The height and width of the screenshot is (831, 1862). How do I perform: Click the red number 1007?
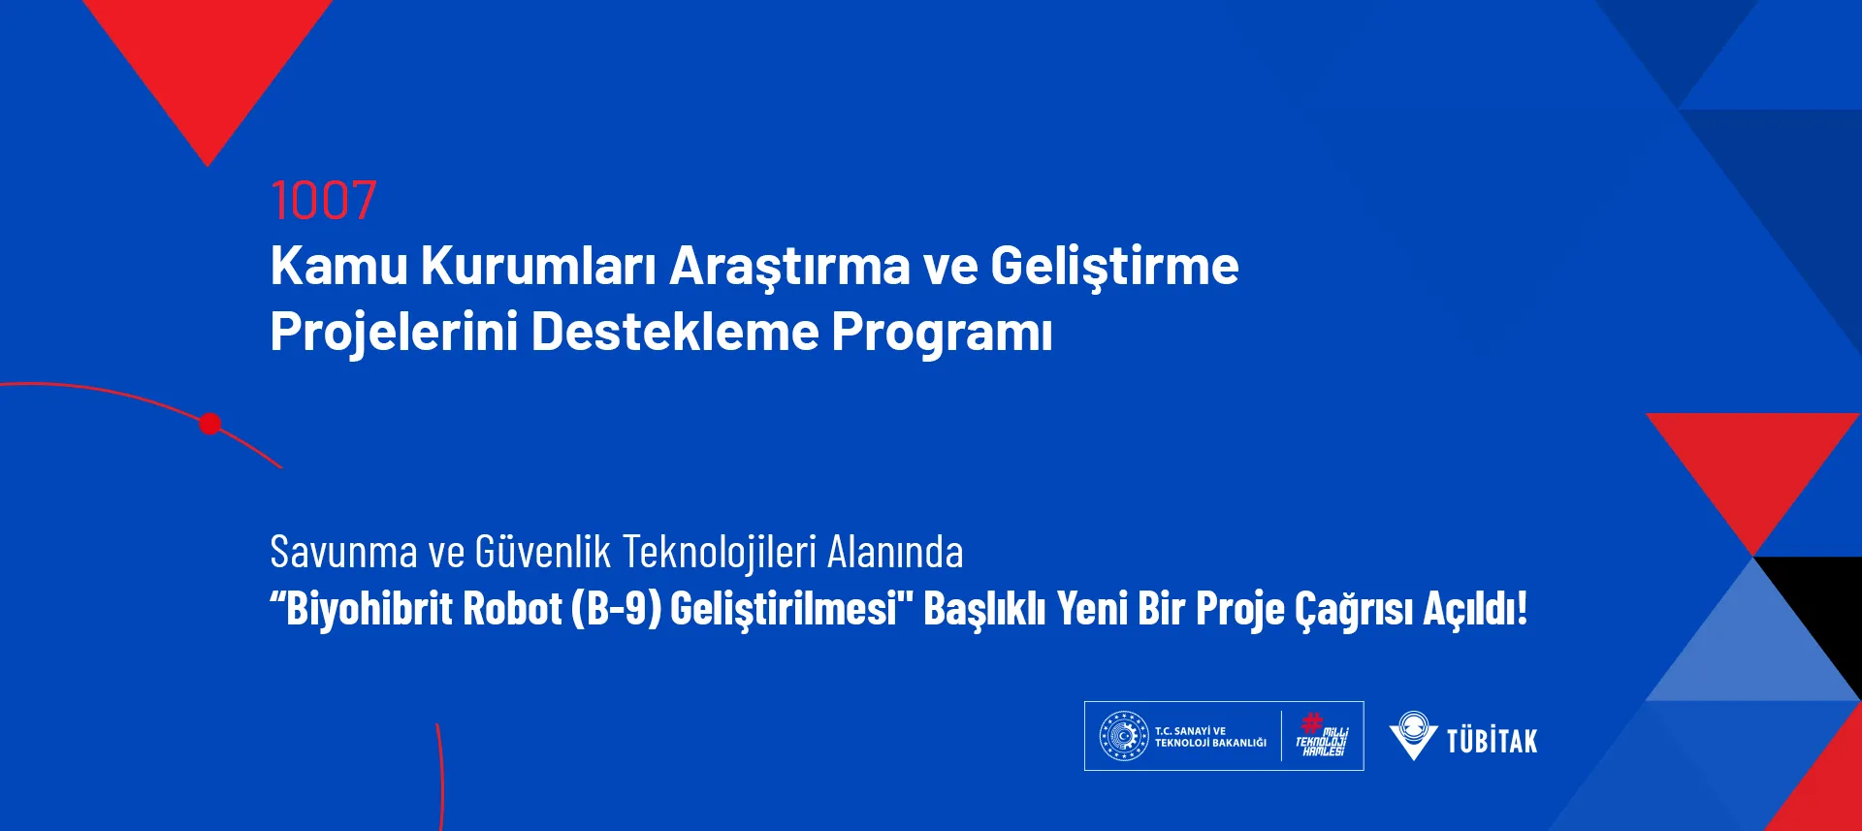323,201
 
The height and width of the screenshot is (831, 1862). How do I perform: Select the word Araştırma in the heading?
790,268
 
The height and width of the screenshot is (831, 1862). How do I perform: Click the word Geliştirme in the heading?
1114,268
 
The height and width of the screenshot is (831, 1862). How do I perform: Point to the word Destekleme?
675,332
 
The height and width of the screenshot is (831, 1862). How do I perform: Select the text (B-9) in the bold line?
616,609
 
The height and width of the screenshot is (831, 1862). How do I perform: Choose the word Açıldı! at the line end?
1475,609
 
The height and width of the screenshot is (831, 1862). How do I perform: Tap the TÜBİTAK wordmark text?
1492,741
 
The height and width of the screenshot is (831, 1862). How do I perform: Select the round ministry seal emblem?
1123,736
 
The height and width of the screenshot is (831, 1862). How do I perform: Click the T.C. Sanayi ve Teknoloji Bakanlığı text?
1210,737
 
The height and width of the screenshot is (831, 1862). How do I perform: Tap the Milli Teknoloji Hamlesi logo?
1323,735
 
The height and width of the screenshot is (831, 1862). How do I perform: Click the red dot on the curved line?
210,424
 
